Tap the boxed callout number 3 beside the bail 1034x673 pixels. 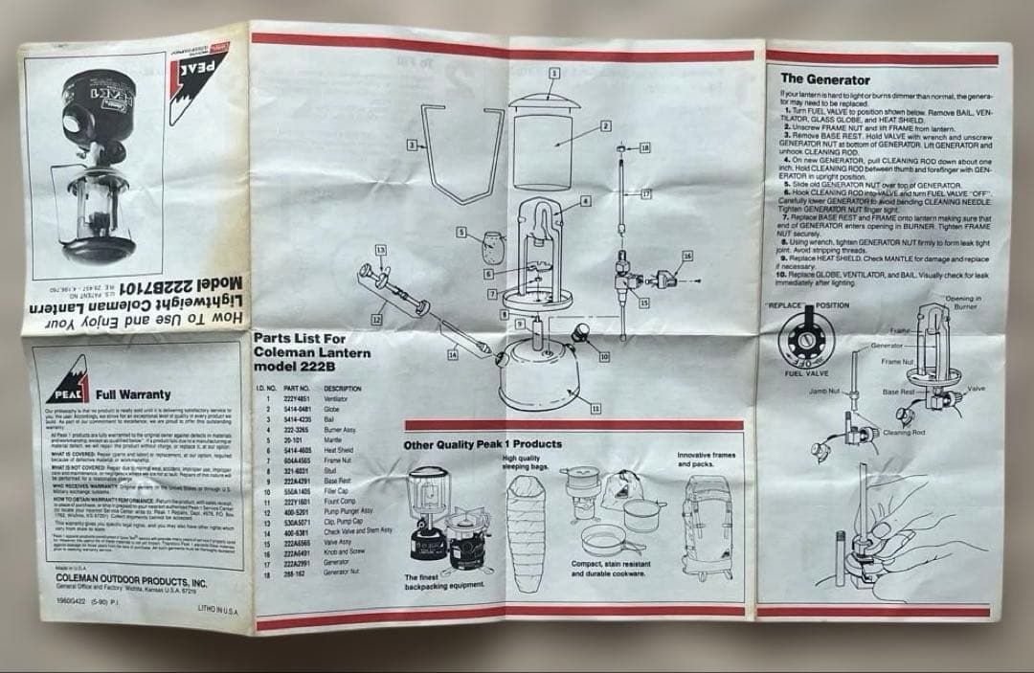[x=411, y=145]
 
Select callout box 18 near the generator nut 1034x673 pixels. [x=643, y=147]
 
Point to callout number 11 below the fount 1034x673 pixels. [x=596, y=409]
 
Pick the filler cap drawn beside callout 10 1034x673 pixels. [x=582, y=332]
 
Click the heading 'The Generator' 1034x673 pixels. [x=824, y=79]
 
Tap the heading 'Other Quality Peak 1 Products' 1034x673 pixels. [x=483, y=444]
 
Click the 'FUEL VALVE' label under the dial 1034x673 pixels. [x=806, y=372]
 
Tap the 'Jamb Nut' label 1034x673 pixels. [x=822, y=392]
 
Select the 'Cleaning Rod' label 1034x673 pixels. [x=904, y=433]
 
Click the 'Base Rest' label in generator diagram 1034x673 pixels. [x=899, y=392]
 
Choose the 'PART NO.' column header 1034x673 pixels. [x=295, y=388]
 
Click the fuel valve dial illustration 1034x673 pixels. [x=805, y=340]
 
